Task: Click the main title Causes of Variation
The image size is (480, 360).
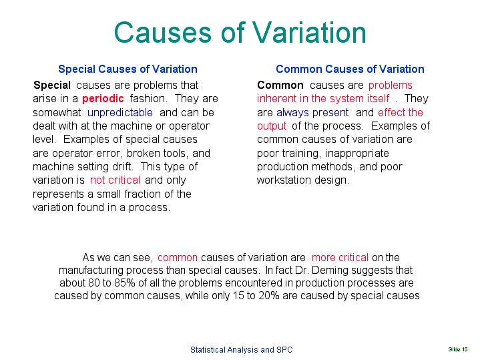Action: click(x=240, y=33)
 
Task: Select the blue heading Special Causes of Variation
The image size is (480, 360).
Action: click(x=128, y=69)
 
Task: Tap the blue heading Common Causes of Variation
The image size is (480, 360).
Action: click(x=350, y=69)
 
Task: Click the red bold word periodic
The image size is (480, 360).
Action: click(x=103, y=99)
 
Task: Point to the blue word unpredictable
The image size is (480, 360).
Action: click(x=119, y=112)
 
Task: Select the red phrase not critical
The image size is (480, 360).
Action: click(x=115, y=180)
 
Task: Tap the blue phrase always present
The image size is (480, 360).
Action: click(x=312, y=112)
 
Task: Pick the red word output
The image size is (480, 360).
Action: click(x=272, y=126)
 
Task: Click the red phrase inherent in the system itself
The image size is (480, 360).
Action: click(x=323, y=99)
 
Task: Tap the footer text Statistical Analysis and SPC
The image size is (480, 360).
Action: click(x=241, y=349)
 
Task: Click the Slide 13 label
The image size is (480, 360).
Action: click(x=458, y=349)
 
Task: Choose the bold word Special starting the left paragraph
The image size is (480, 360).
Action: click(x=51, y=85)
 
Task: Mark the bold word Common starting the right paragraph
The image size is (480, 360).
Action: click(x=280, y=85)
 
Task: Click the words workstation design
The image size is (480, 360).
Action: click(x=302, y=180)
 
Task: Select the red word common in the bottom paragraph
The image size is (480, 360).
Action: click(x=178, y=257)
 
